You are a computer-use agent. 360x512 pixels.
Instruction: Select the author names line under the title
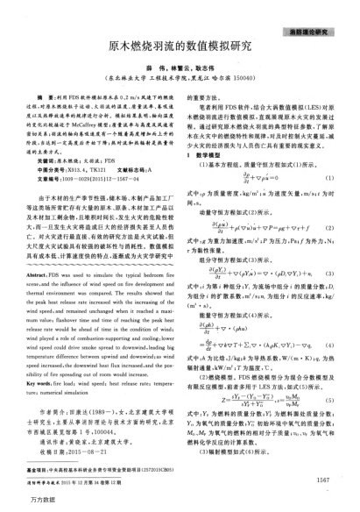point(180,65)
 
